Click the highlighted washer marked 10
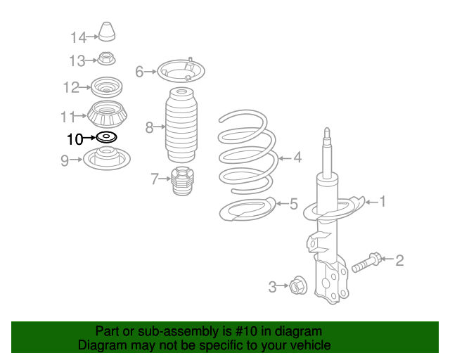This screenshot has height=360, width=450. [x=106, y=137]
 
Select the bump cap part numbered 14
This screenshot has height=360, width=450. [x=107, y=32]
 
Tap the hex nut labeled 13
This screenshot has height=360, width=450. [x=106, y=58]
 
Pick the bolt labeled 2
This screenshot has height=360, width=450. [x=367, y=262]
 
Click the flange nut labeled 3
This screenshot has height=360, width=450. [x=298, y=285]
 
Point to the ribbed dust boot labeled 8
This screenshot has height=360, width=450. [x=181, y=125]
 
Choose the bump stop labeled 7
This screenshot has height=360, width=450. [x=182, y=181]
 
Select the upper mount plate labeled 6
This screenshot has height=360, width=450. [x=181, y=70]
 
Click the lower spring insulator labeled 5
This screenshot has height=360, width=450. [x=247, y=210]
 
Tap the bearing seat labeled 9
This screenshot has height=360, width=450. [x=107, y=158]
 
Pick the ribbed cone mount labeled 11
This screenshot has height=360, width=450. [x=107, y=115]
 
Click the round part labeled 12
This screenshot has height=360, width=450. [x=106, y=87]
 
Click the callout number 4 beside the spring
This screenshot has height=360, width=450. [x=297, y=157]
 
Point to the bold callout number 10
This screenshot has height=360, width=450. [x=75, y=139]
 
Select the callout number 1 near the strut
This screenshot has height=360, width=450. [x=382, y=202]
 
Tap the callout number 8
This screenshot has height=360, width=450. [x=149, y=127]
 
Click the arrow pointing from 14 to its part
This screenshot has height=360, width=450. [x=92, y=37]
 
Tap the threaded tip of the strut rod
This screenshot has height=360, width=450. [x=327, y=134]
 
